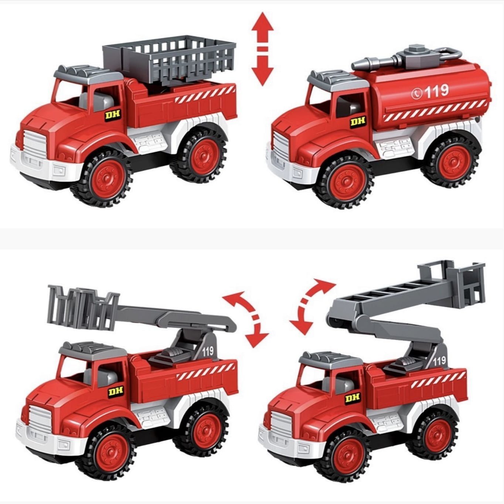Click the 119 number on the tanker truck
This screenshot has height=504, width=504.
coord(436,91)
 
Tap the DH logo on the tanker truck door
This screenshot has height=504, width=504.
coord(358,122)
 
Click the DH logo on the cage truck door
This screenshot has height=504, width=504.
coord(113,115)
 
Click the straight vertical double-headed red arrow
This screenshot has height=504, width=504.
coord(262,49)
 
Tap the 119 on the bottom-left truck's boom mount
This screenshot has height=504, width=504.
coord(208,351)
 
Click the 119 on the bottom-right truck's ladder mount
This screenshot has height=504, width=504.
coord(439,361)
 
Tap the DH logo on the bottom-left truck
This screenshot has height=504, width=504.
coord(115,392)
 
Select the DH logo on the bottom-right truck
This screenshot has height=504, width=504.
coord(352,398)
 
